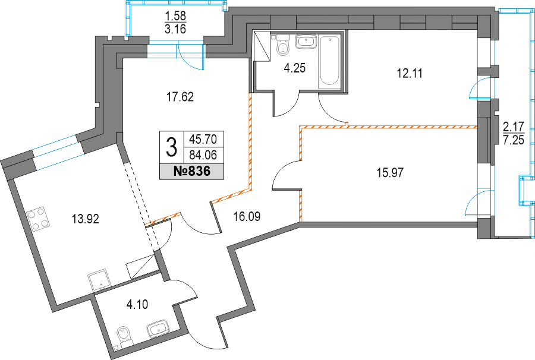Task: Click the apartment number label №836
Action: coord(192,172)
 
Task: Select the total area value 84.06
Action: coord(203,156)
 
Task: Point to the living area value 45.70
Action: coord(203,139)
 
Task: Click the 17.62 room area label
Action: coord(180,97)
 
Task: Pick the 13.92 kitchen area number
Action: coord(85,219)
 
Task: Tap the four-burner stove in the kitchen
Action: coord(37,219)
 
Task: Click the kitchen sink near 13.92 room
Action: coord(99,280)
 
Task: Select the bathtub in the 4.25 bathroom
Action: coord(330,61)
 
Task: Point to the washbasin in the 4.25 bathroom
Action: coord(307,42)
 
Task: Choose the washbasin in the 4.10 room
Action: coord(158,329)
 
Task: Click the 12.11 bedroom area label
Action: coord(410,73)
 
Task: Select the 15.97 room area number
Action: coord(390,172)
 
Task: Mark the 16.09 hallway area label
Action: coord(247,216)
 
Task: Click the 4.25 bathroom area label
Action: coord(294,68)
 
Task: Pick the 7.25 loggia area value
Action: coord(513,140)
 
